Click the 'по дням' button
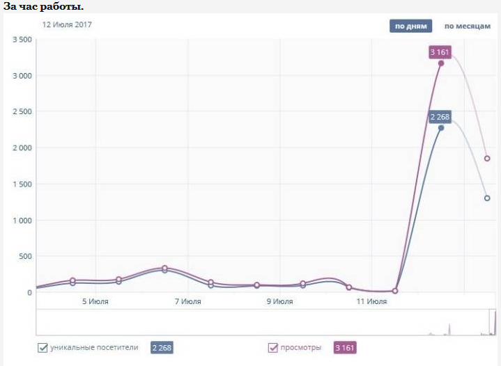coord(410,26)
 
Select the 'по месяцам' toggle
coord(468,26)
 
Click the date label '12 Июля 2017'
coord(67,24)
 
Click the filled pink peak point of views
coord(441,63)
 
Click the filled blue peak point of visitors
coord(441,128)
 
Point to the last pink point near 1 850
coord(487,159)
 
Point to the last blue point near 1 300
coord(487,198)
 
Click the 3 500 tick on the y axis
coord(22,40)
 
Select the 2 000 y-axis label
coord(22,148)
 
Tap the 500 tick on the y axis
coord(25,257)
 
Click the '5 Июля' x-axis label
coord(95,302)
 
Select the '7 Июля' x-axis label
coord(187,302)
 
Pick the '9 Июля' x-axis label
coord(279,302)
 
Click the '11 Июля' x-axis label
coord(371,302)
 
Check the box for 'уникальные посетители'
coord(43,347)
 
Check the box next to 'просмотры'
coord(273,347)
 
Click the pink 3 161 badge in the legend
coord(345,348)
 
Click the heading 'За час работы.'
coord(44,6)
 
